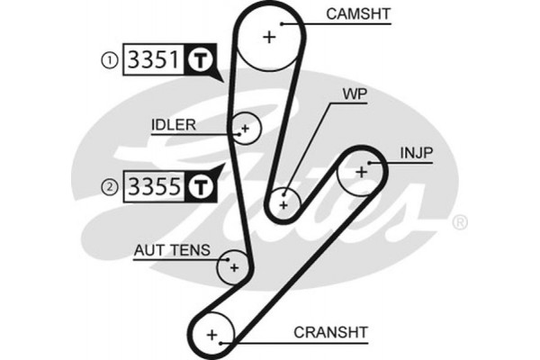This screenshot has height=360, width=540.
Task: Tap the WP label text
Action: [x=354, y=94]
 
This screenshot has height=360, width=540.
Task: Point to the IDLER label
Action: [x=174, y=124]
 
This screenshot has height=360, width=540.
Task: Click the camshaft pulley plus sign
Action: [x=269, y=37]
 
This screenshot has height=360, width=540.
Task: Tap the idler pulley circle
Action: [x=244, y=129]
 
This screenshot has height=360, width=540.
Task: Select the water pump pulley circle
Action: [x=284, y=203]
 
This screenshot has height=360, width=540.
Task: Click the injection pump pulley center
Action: [x=361, y=170]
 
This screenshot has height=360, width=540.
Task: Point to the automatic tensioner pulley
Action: [x=233, y=267]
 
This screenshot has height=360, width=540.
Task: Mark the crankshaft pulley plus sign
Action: [x=213, y=335]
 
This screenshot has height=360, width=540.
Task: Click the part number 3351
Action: [x=154, y=61]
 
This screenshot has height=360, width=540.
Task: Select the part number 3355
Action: [x=154, y=187]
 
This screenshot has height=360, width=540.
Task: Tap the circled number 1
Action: [x=109, y=61]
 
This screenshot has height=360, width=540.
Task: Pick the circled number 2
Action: [x=109, y=187]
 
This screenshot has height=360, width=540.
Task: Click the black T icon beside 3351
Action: [x=200, y=61]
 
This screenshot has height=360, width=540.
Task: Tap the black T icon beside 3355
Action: [x=200, y=187]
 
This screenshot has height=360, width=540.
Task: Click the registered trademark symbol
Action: [x=459, y=221]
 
